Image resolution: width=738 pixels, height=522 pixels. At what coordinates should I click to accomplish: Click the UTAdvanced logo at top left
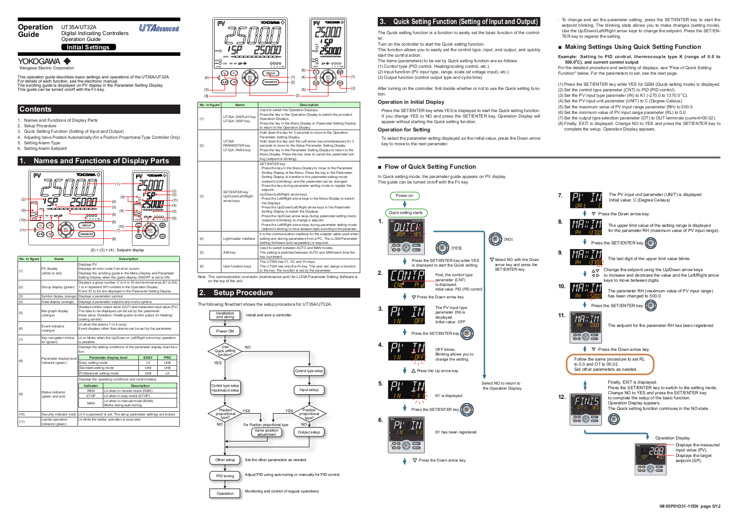click(x=159, y=28)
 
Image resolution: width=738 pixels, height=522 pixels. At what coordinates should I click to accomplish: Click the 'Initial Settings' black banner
click(x=88, y=47)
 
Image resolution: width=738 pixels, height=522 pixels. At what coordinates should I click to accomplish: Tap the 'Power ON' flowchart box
click(x=225, y=331)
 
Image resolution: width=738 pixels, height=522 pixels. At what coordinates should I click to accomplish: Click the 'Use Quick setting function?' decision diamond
click(x=225, y=351)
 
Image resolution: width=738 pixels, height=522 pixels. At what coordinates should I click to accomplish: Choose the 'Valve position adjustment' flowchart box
click(x=267, y=433)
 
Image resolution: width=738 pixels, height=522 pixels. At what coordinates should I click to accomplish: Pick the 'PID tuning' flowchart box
click(x=225, y=476)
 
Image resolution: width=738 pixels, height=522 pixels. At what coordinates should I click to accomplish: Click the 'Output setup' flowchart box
click(x=309, y=432)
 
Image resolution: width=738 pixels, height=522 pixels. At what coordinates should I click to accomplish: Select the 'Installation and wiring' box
click(x=225, y=315)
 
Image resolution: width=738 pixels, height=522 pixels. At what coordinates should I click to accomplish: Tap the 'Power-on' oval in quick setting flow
click(x=405, y=196)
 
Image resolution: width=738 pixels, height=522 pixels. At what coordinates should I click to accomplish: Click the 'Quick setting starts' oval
click(x=406, y=213)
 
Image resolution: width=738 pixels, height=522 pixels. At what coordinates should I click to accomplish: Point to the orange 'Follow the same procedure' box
click(x=610, y=364)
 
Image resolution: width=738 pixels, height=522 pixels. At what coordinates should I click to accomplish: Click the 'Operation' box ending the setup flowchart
click(x=225, y=493)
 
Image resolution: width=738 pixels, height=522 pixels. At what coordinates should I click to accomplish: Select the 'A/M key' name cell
click(x=229, y=252)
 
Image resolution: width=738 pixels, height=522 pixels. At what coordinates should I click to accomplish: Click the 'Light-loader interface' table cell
click(x=239, y=238)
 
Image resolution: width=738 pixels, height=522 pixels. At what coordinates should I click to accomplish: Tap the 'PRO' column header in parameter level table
click(x=167, y=357)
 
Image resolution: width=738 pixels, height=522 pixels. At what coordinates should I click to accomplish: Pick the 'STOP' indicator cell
click(x=91, y=396)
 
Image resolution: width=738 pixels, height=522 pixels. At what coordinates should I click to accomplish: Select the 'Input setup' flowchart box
click(x=309, y=390)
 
